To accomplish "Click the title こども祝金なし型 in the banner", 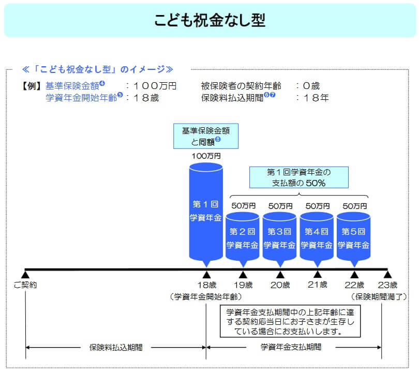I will pyautogui.click(x=209, y=20).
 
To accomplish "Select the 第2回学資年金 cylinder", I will pyautogui.click(x=243, y=237).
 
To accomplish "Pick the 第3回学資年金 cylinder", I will pyautogui.click(x=280, y=237).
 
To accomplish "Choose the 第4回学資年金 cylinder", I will pyautogui.click(x=317, y=237).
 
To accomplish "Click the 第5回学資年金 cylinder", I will pyautogui.click(x=354, y=237).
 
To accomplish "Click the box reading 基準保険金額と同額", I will pyautogui.click(x=206, y=136).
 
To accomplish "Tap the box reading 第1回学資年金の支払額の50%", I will pyautogui.click(x=298, y=177).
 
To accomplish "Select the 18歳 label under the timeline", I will pyautogui.click(x=206, y=285).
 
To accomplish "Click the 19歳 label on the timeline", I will pyautogui.click(x=243, y=285).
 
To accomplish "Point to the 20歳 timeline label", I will pyautogui.click(x=280, y=285).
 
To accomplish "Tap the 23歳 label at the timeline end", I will pyautogui.click(x=387, y=285).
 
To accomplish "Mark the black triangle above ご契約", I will pyautogui.click(x=25, y=274).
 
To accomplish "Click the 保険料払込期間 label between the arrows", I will pyautogui.click(x=116, y=347).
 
